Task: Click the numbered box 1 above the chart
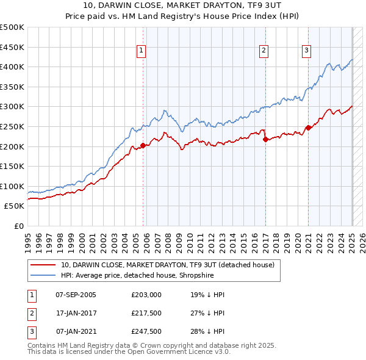[141, 51]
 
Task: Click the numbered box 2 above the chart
[264, 51]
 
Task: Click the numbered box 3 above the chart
[306, 51]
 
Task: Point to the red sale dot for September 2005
[143, 145]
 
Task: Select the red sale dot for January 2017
[265, 140]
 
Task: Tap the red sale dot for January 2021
[308, 128]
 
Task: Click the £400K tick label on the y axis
[13, 67]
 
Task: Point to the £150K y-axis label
[13, 166]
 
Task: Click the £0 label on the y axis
[19, 226]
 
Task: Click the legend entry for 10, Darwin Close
[168, 265]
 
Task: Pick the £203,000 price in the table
[146, 294]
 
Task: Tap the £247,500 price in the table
[146, 331]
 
